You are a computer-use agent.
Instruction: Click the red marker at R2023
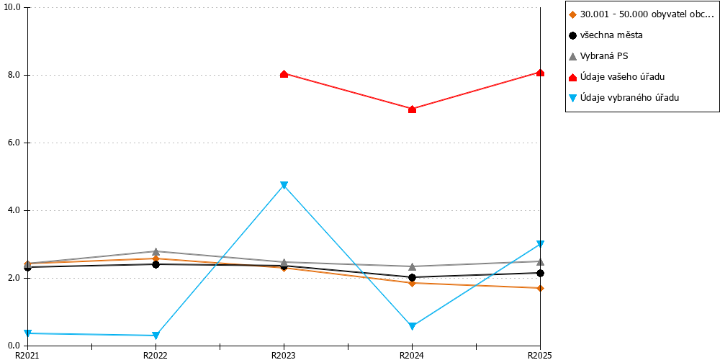284,74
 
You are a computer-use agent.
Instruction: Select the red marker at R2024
412,109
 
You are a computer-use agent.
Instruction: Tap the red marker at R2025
540,73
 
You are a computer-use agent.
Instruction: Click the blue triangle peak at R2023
284,185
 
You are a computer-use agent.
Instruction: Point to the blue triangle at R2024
412,326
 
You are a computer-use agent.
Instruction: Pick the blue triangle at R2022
156,336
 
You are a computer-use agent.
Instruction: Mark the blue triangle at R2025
540,244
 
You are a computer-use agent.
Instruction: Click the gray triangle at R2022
156,251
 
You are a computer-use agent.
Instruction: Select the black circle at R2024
412,277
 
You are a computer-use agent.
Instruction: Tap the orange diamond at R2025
540,288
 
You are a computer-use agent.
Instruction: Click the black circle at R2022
156,264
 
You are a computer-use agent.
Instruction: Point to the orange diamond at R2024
412,283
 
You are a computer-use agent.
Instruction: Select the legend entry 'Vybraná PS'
598,56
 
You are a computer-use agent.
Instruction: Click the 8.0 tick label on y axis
14,76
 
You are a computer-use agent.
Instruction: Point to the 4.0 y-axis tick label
14,211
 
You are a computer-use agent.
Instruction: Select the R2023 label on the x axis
284,355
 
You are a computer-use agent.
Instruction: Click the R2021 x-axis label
27,355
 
